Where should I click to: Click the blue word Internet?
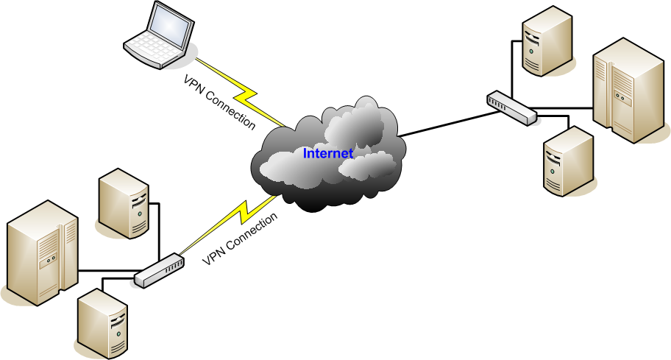pyautogui.click(x=328, y=154)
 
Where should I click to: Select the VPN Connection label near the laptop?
pyautogui.click(x=219, y=102)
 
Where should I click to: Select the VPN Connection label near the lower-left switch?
pyautogui.click(x=241, y=239)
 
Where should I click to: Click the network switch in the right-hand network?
pyautogui.click(x=511, y=107)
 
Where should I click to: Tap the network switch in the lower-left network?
pyautogui.click(x=159, y=270)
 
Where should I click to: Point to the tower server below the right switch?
pyautogui.click(x=568, y=161)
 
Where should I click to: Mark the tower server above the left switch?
pyautogui.click(x=124, y=203)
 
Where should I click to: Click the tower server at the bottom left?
pyautogui.click(x=102, y=323)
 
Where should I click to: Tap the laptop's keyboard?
pyautogui.click(x=152, y=50)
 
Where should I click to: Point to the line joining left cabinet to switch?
pyautogui.click(x=107, y=271)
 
